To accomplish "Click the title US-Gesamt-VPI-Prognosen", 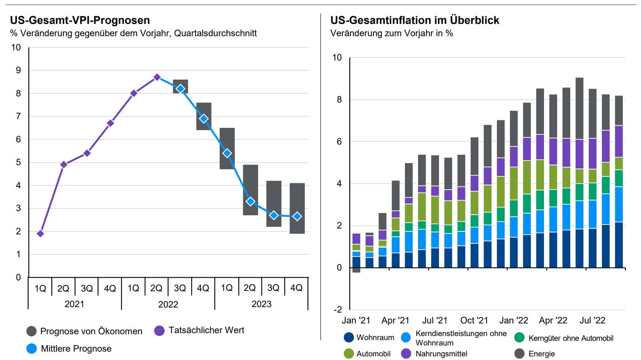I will (x=80, y=20).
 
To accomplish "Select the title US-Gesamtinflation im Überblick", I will (x=414, y=20).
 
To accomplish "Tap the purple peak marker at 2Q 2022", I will (x=157, y=77).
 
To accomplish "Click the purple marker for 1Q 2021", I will (x=41, y=234).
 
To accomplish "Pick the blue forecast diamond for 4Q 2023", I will (x=297, y=216).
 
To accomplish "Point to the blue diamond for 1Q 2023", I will (x=227, y=153).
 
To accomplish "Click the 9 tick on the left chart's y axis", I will (x=18, y=70).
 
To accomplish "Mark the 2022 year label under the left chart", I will (x=168, y=304).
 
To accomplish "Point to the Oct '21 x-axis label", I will (x=474, y=321).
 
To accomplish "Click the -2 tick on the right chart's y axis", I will (x=337, y=309).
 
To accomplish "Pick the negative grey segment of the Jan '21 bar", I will (x=356, y=270).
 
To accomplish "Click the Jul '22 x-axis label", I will (x=592, y=321).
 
